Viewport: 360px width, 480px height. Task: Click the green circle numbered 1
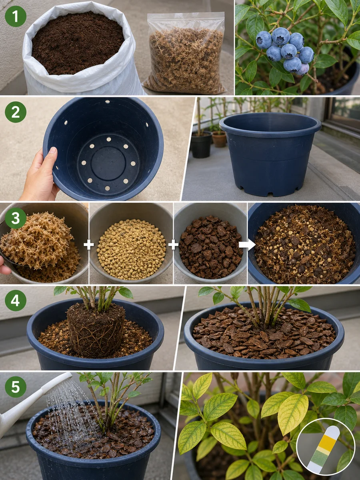coord(16,16)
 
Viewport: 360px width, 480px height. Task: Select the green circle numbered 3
coord(16,218)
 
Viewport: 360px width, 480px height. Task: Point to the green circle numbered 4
coord(16,300)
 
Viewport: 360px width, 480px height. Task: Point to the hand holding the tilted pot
coord(39,175)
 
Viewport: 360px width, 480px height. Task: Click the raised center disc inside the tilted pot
coord(108,164)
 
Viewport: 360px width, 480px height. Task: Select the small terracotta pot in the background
coord(219,139)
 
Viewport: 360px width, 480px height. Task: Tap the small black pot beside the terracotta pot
coord(201,144)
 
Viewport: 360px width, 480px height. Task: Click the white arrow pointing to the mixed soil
coord(247,245)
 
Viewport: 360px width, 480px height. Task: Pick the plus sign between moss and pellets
coord(89,245)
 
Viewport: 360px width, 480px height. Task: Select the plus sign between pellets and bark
coord(173,245)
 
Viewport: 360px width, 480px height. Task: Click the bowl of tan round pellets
coord(131,244)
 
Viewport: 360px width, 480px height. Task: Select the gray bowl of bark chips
coord(210,244)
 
